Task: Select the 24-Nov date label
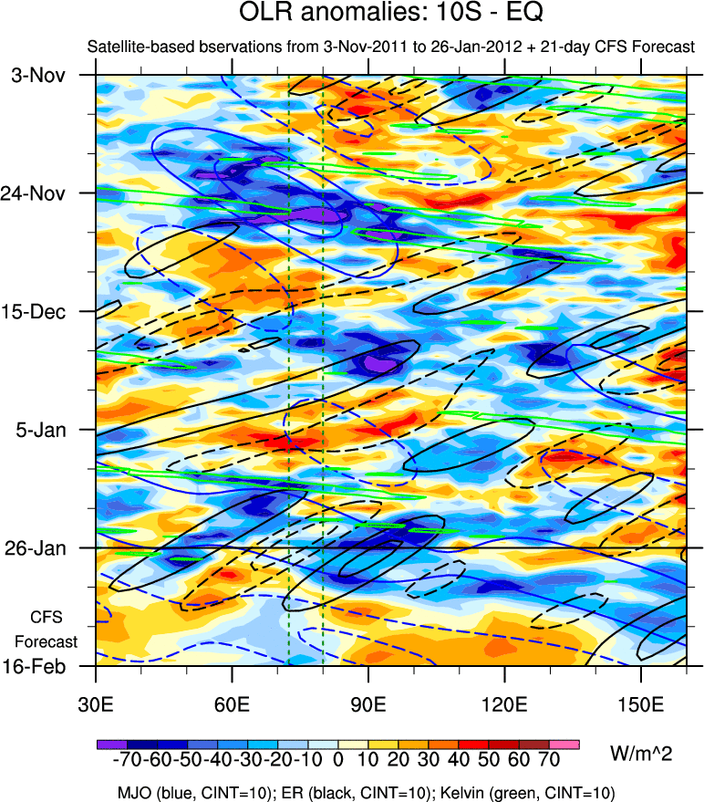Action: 37,193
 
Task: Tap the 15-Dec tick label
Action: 37,311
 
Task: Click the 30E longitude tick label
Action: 96,704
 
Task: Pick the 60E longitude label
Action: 232,704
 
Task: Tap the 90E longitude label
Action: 368,704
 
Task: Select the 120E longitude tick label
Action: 504,704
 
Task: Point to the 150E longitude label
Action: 640,704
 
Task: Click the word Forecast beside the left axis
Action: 47,641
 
